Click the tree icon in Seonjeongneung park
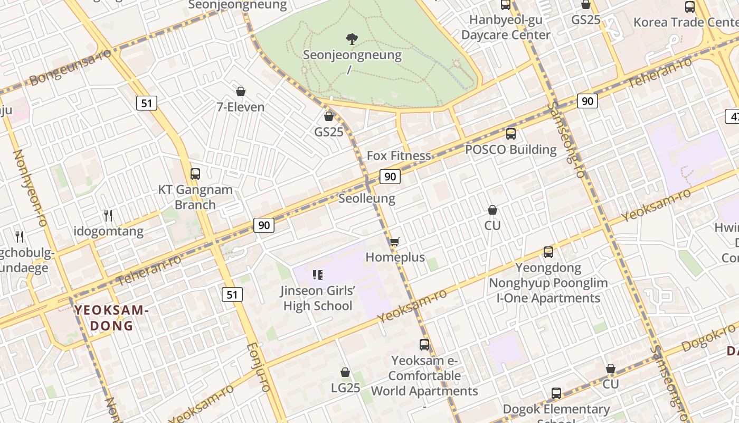[352, 39]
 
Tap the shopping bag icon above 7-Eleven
[241, 91]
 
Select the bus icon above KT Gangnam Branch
[195, 173]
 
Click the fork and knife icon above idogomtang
[108, 215]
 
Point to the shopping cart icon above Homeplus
[394, 242]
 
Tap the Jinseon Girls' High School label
[317, 298]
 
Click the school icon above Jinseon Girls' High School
[317, 274]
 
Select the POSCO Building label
[510, 150]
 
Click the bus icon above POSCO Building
[510, 134]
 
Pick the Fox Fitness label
[399, 155]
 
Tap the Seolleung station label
[366, 198]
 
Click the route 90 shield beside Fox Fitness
[390, 177]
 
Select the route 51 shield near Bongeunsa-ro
[147, 103]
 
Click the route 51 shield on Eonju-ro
[232, 295]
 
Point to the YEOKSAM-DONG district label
[111, 318]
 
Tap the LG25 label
[345, 388]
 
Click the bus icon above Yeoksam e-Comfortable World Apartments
[424, 345]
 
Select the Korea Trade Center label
[685, 22]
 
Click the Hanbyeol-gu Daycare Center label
[506, 27]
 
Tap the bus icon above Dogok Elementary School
[556, 393]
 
